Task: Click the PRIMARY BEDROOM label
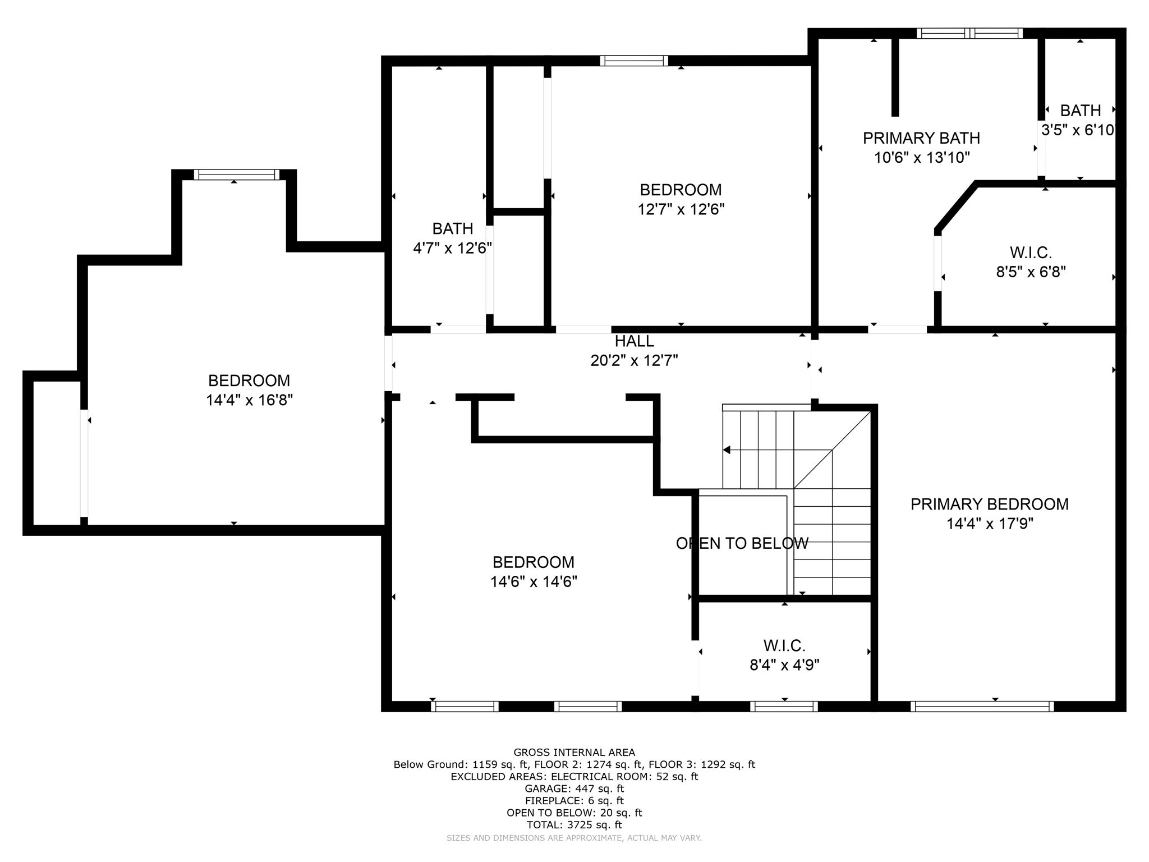point(989,504)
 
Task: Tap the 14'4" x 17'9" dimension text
point(990,524)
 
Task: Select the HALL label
point(634,341)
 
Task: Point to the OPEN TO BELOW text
point(742,543)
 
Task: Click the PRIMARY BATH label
point(921,138)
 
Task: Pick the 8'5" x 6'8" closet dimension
point(1031,272)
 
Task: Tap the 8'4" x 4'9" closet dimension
point(784,665)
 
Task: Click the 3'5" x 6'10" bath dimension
point(1077,130)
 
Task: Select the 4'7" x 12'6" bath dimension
point(452,248)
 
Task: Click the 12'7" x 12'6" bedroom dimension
point(681,209)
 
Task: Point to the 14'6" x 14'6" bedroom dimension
point(534,582)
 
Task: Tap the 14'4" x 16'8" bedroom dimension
point(249,400)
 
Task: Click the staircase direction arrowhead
point(727,450)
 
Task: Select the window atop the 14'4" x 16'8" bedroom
point(236,175)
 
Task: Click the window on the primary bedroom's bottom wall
point(981,707)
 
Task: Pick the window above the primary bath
point(969,33)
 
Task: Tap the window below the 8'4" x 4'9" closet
point(784,707)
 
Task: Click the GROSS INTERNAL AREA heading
point(574,753)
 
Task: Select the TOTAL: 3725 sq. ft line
point(574,825)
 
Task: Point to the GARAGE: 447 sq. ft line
point(574,788)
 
